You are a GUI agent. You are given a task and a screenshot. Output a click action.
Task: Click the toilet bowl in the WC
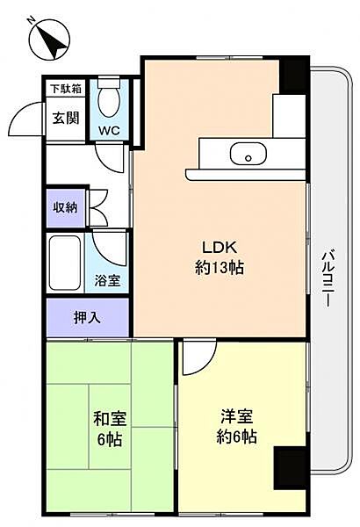coord(109,104)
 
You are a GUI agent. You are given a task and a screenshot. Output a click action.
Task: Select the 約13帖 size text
coord(219,268)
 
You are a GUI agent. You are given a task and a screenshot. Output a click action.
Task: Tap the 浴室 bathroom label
coord(108,281)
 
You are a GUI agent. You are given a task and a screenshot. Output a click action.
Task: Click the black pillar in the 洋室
coord(289,470)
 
